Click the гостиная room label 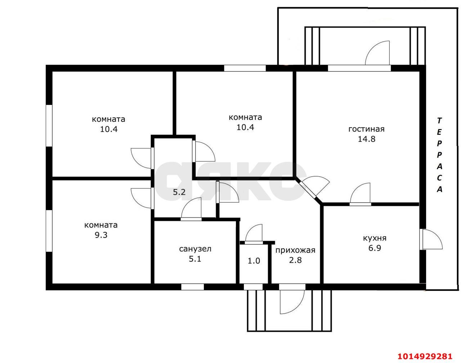click(366, 129)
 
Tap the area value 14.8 click(367, 139)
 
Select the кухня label click(375, 238)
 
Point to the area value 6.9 click(375, 248)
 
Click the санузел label click(195, 249)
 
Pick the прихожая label click(295, 250)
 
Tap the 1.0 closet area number click(254, 261)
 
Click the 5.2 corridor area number click(179, 192)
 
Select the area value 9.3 click(101, 235)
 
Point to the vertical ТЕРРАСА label click(439, 155)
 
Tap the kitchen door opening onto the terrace click(431, 239)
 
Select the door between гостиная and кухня click(360, 194)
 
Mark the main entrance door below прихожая click(292, 300)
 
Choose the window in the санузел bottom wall click(192, 287)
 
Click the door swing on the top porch click(377, 53)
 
